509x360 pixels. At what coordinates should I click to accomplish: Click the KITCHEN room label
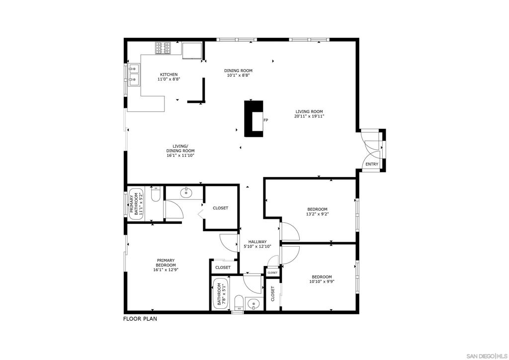pos(169,75)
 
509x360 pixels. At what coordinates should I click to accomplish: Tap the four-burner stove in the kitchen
pos(163,48)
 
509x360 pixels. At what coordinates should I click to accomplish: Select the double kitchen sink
pos(134,74)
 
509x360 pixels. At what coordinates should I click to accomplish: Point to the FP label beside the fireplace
pos(266,120)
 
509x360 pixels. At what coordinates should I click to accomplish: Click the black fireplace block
pos(252,118)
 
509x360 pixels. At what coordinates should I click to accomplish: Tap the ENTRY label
pos(372,164)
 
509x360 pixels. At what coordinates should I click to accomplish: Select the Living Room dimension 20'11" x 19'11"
pos(309,116)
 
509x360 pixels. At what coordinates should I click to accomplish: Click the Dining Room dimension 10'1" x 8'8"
pos(238,76)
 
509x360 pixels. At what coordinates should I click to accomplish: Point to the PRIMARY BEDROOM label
pos(166,265)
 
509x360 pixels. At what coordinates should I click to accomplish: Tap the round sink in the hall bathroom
pos(254,303)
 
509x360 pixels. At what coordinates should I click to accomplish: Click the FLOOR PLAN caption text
pos(140,319)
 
